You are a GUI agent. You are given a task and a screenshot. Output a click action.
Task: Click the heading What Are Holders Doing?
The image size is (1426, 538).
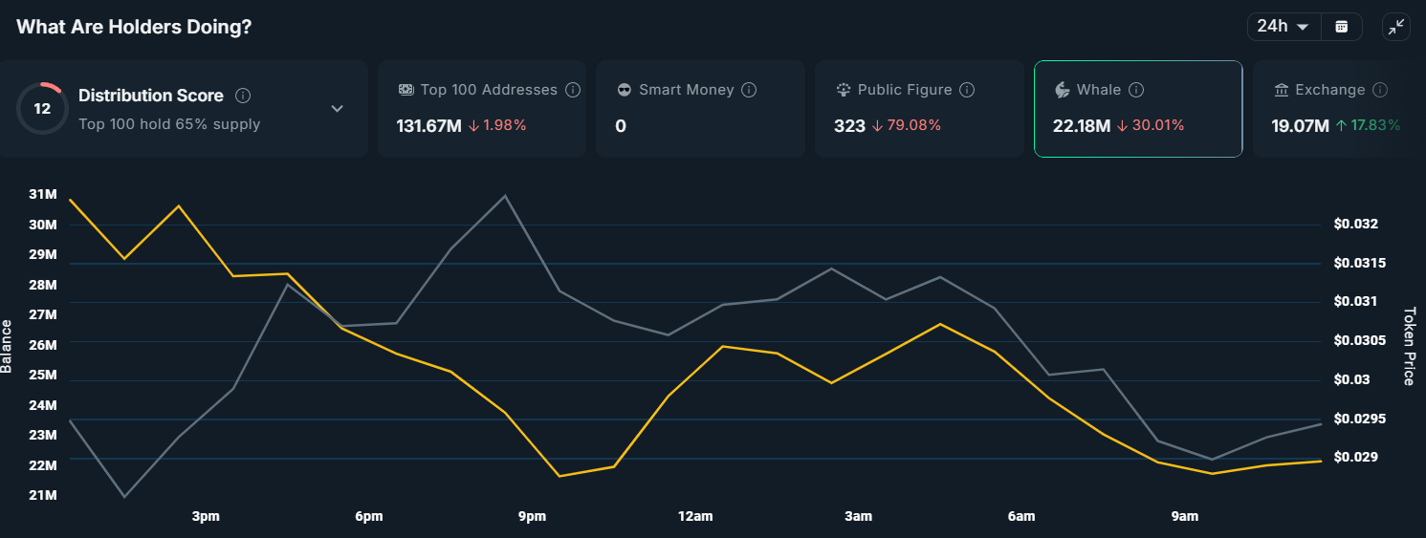[134, 27]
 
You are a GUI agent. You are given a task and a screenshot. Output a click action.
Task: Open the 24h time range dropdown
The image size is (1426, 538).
[1283, 27]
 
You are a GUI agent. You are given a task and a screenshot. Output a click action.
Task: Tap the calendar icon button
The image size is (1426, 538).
[1342, 27]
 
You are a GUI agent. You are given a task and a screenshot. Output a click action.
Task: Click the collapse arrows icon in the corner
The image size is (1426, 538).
[1396, 27]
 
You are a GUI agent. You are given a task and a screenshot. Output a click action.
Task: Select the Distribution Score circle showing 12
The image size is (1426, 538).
[42, 109]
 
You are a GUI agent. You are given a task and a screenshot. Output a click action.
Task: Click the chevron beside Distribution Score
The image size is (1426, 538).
[337, 109]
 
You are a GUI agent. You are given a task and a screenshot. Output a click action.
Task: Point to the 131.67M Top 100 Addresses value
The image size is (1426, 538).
[428, 126]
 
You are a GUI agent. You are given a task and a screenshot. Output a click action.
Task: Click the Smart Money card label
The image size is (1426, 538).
[686, 90]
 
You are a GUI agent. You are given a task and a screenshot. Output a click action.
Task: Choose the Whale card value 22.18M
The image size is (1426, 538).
[1082, 126]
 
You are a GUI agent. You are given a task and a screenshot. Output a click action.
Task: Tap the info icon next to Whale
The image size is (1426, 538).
[1136, 90]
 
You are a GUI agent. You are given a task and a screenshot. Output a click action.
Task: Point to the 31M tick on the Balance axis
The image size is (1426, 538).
[43, 194]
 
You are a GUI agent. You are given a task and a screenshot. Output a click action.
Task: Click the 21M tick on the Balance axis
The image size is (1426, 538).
[43, 495]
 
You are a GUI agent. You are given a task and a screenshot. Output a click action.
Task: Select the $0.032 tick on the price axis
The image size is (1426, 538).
[1355, 225]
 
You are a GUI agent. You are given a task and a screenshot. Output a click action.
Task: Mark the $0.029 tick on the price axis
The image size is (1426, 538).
[1355, 458]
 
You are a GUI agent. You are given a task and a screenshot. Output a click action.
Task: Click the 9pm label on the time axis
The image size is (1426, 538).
[532, 517]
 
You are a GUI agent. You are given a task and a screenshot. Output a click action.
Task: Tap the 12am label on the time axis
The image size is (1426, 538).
[695, 517]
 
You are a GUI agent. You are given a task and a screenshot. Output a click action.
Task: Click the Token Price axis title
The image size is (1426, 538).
[1408, 346]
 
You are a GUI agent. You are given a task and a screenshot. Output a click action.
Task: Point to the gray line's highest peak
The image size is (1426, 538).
[505, 196]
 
